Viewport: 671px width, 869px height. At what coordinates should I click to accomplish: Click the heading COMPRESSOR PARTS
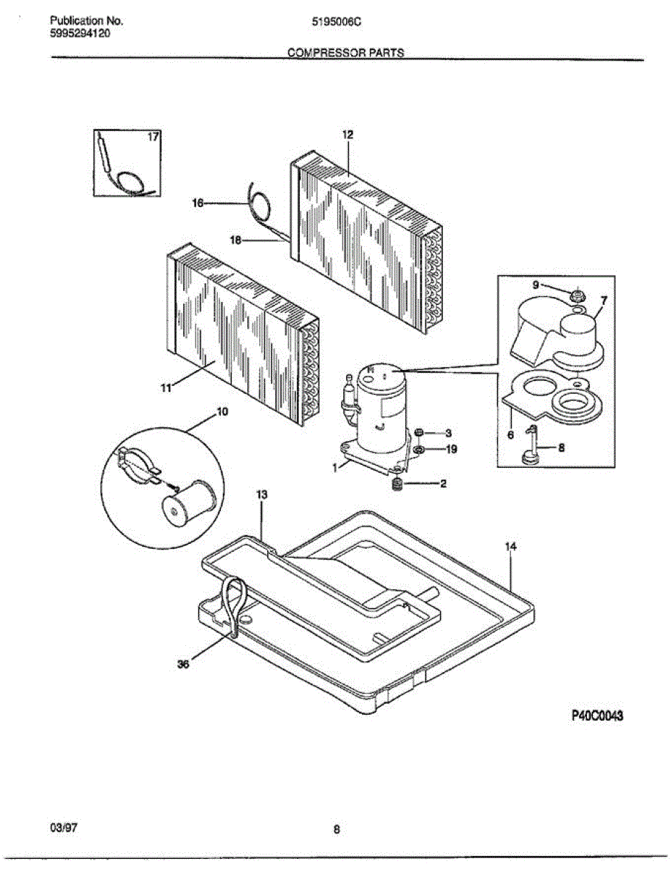346,53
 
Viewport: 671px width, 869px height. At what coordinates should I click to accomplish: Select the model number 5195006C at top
336,22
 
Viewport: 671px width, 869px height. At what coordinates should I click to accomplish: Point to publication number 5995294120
80,33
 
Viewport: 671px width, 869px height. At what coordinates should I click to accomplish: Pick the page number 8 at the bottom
337,830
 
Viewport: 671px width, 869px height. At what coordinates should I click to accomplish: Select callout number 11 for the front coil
166,389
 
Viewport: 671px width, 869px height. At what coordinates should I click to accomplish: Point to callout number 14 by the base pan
511,547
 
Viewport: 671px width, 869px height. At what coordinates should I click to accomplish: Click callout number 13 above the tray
262,494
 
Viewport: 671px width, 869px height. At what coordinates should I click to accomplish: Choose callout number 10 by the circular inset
222,412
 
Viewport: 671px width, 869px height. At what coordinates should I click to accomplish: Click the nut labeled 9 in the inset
577,295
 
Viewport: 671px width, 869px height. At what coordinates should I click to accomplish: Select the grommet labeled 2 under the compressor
397,484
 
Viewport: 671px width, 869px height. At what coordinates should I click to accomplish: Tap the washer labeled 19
419,450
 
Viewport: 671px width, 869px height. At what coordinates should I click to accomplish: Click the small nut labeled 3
418,433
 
